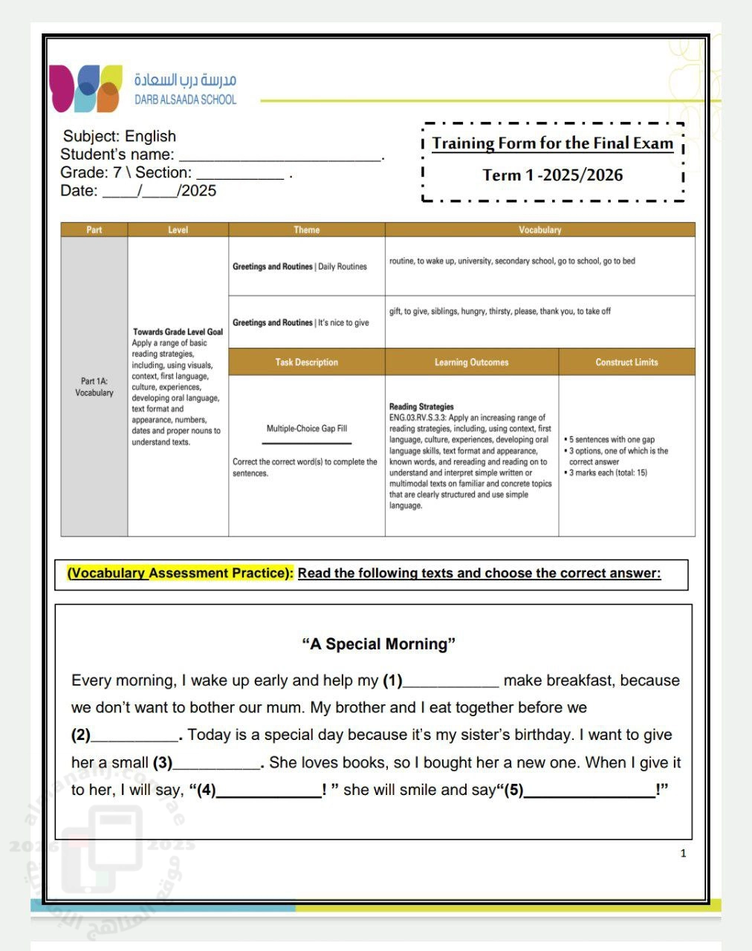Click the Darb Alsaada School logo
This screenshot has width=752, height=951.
point(85,88)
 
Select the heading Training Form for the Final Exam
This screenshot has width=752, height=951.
point(553,143)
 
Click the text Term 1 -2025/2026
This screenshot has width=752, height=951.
point(553,175)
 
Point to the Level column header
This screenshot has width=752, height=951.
point(178,230)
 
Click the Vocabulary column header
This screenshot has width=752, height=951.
point(539,230)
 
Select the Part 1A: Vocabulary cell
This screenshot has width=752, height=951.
point(94,387)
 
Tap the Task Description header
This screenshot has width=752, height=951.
point(306,363)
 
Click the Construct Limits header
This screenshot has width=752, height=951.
point(626,363)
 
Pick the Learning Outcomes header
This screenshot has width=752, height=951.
point(471,363)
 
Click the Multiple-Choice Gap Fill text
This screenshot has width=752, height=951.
point(306,429)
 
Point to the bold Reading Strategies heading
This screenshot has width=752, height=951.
point(421,406)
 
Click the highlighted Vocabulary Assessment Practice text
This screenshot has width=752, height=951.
point(181,574)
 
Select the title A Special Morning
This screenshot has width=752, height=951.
point(378,644)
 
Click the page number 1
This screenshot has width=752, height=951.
point(683,854)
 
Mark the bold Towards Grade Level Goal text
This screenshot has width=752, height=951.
point(178,332)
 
